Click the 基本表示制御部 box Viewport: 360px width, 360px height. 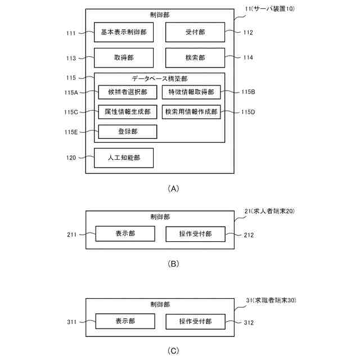click(124, 33)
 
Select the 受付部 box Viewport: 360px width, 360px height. click(195, 33)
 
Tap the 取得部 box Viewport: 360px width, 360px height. click(124, 58)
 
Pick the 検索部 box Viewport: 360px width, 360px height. click(195, 58)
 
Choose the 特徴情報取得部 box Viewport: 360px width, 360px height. click(191, 92)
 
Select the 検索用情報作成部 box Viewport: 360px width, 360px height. click(191, 112)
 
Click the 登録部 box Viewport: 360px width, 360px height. click(127, 132)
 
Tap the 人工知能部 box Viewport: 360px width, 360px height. click(124, 158)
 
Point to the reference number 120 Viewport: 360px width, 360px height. click(70, 158)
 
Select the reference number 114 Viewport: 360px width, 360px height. click(248, 58)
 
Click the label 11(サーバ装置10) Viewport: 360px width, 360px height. click(267, 10)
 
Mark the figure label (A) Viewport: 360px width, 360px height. click(173, 189)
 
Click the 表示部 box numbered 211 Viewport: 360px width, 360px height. click(124, 233)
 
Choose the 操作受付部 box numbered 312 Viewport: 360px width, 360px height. click(195, 322)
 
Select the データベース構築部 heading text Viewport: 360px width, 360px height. click(159, 79)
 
